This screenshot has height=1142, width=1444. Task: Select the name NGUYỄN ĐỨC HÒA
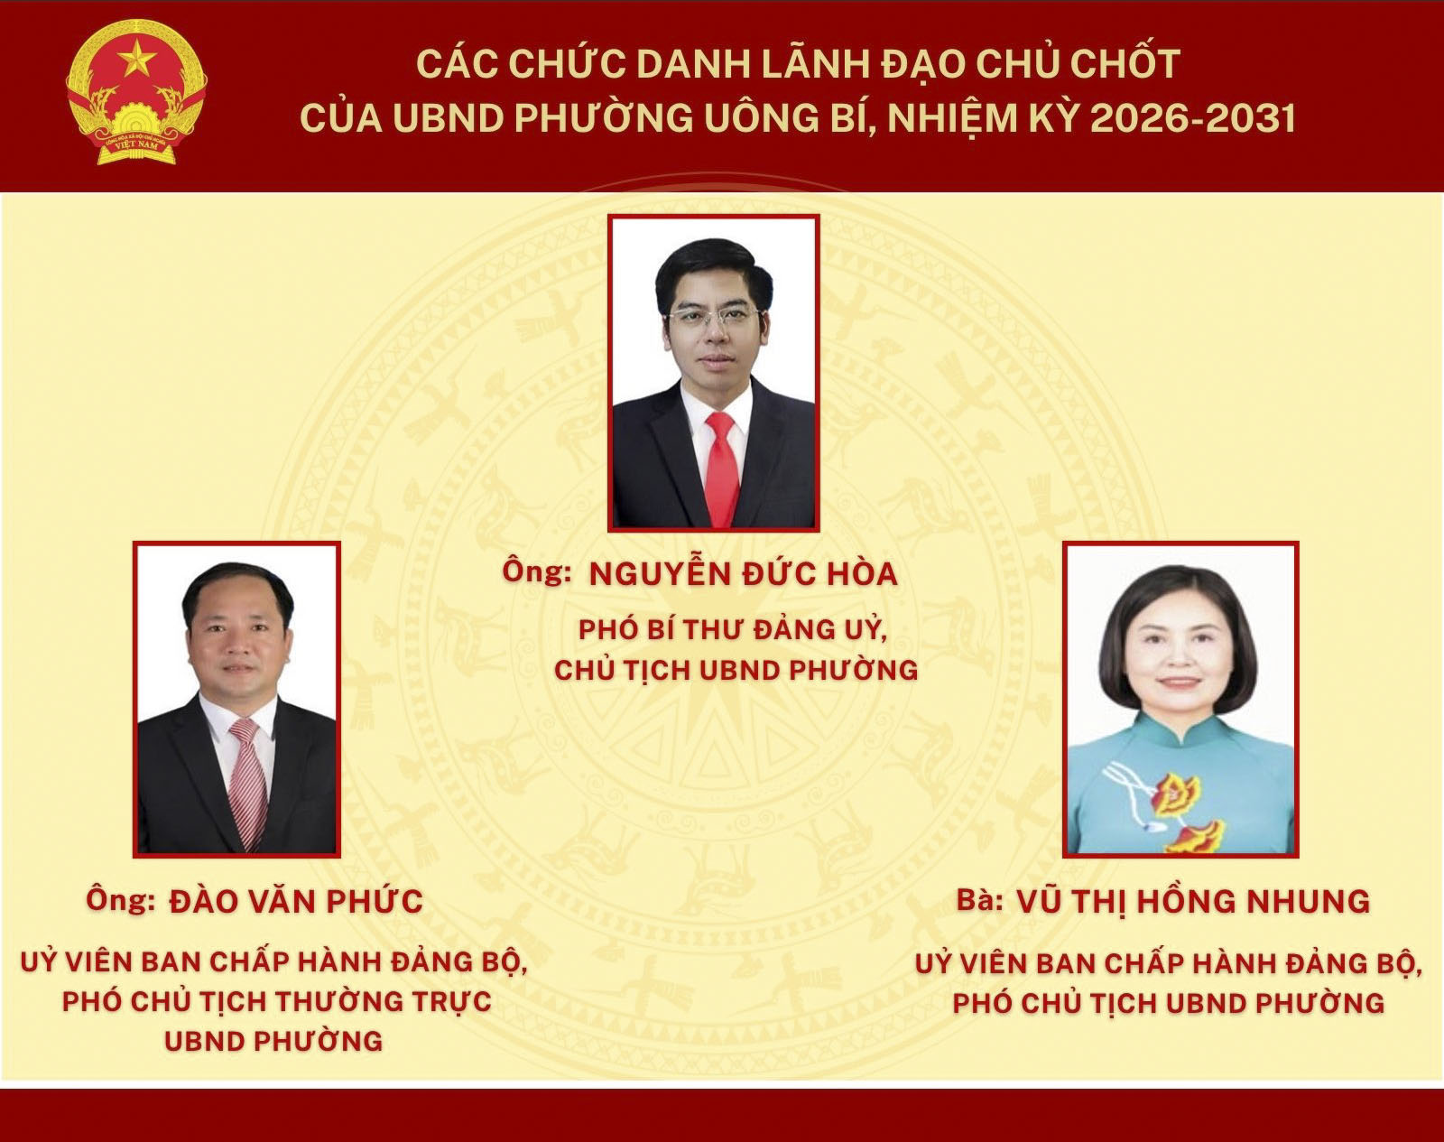[x=743, y=575]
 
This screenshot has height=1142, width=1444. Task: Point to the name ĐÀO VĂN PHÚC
[x=296, y=901]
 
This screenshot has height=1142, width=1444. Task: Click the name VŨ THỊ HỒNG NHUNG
[x=1193, y=901]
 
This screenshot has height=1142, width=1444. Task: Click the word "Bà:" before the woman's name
[x=980, y=901]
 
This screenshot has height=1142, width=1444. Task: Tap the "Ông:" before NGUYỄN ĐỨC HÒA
[x=537, y=572]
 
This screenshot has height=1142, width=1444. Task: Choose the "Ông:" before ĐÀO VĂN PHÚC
[x=121, y=900]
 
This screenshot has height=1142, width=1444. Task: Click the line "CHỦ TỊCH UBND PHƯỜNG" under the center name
[x=736, y=670]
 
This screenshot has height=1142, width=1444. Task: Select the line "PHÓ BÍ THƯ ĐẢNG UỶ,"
[x=734, y=630]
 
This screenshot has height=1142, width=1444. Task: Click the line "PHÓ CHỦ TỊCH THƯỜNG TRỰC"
[x=277, y=1002]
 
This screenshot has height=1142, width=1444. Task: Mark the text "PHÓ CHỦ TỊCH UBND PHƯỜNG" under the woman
[x=1169, y=1004]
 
